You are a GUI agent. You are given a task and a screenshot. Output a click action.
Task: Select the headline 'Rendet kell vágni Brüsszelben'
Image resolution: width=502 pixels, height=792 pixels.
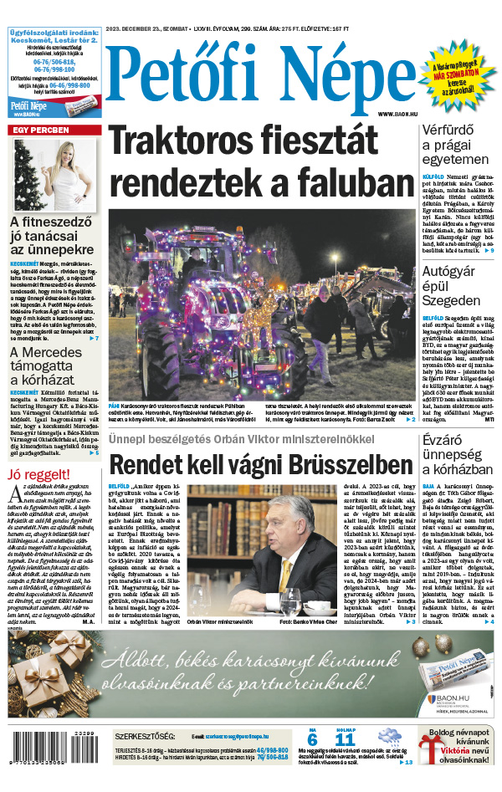click(262, 464)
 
